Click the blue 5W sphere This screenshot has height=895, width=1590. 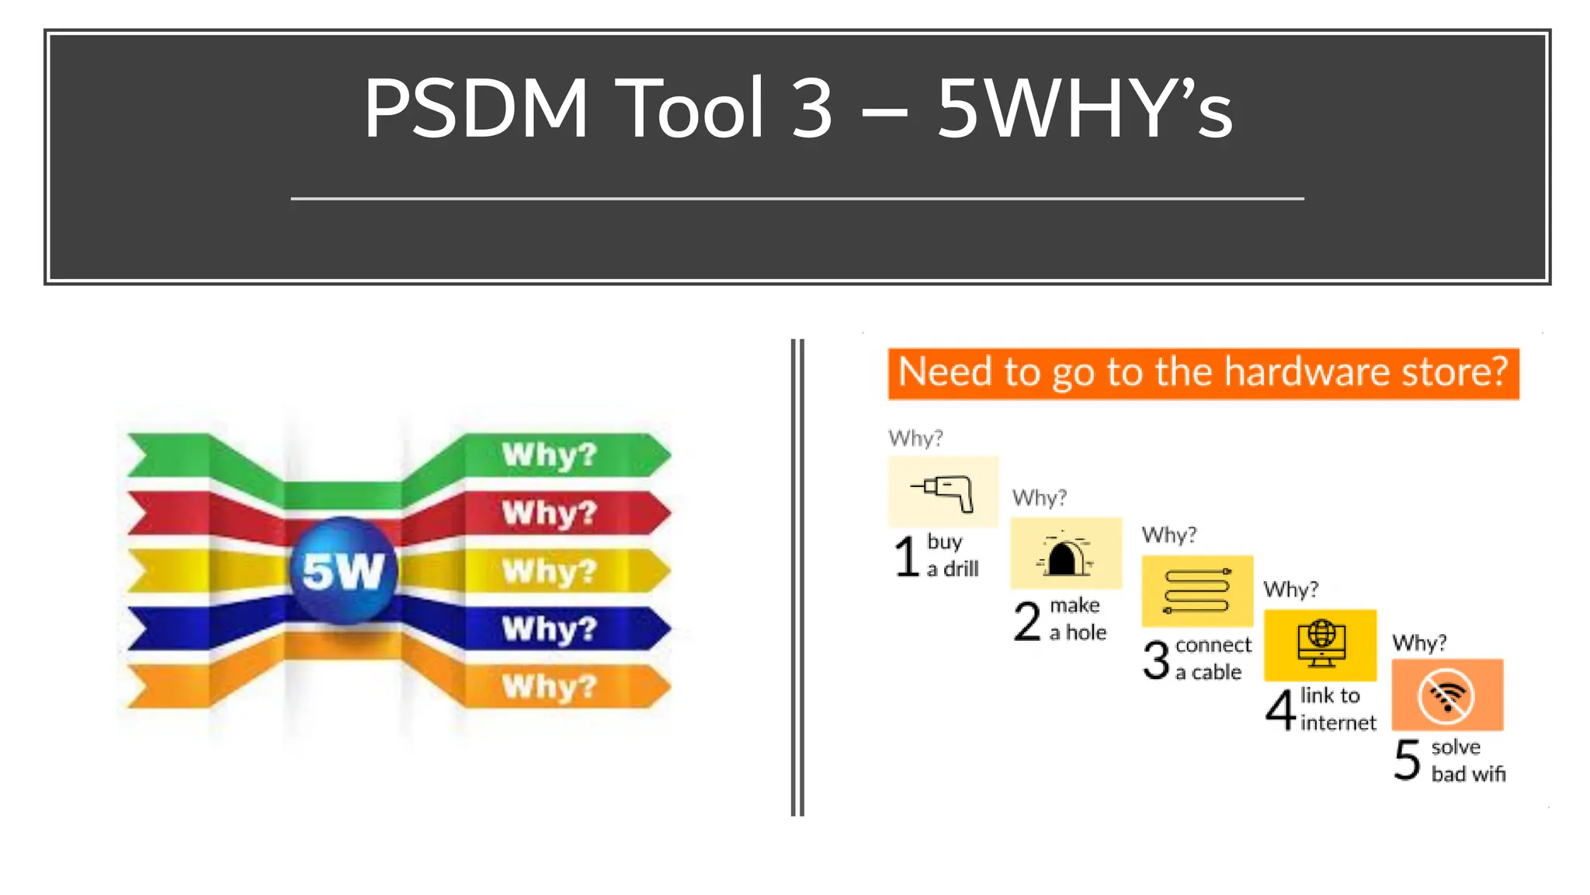coord(342,571)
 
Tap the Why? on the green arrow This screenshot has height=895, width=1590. coord(549,454)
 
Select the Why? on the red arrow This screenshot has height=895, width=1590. coord(549,513)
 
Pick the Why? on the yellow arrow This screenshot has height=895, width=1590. coord(549,571)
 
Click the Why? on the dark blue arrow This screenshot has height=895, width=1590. coord(549,629)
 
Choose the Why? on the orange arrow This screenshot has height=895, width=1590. coord(549,687)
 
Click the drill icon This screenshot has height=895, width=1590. coord(943,492)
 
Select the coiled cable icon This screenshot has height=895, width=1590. coord(1196,591)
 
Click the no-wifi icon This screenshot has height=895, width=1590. coord(1446,695)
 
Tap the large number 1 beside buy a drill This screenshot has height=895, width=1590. coord(906,556)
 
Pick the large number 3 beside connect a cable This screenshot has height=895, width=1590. coord(1156,660)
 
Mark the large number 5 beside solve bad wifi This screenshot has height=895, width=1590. coord(1407,760)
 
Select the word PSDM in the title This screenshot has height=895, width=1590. coord(476,109)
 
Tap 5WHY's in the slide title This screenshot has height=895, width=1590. coord(1084,109)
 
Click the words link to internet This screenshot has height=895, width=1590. coord(1337,709)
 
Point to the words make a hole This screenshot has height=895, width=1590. coord(1077,618)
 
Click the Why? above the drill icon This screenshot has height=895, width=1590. coord(915,438)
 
